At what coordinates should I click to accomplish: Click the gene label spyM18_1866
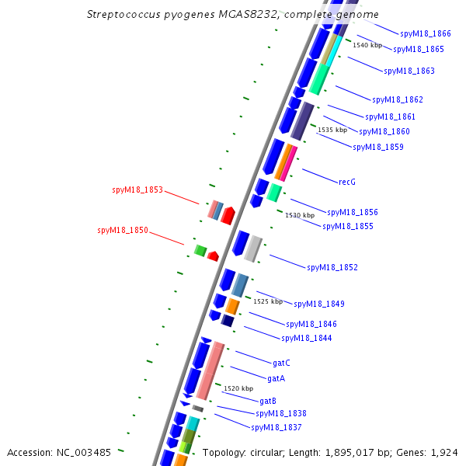(425, 33)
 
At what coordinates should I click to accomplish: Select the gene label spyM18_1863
(409, 71)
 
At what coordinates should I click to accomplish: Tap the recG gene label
(347, 182)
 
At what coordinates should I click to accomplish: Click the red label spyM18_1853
(137, 190)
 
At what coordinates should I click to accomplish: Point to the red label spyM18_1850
(123, 230)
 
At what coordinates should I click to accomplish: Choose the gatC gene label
(281, 363)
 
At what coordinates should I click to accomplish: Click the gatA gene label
(276, 378)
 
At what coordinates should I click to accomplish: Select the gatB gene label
(267, 401)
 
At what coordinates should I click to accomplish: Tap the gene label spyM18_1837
(276, 427)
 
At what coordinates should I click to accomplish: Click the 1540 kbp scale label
(367, 45)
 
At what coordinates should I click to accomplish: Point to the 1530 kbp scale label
(300, 215)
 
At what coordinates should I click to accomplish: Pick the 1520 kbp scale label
(238, 388)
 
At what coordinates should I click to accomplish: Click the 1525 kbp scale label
(268, 301)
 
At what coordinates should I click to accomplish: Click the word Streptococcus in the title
(123, 15)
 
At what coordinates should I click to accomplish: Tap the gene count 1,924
(443, 452)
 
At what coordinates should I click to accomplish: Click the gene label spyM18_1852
(332, 267)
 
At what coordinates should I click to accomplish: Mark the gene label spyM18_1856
(352, 212)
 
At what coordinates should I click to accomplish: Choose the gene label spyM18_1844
(306, 338)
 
